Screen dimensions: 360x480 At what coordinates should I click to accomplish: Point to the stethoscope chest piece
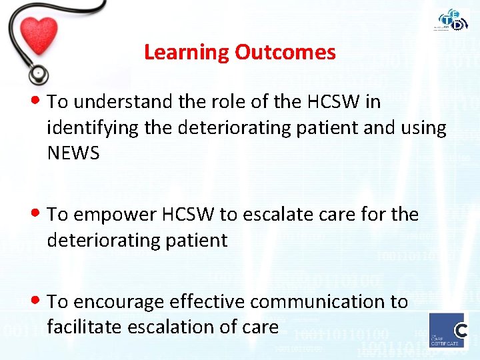(x=38, y=72)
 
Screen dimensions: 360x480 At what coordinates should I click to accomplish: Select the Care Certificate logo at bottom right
(x=447, y=330)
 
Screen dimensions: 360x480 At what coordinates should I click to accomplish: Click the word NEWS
(x=73, y=153)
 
